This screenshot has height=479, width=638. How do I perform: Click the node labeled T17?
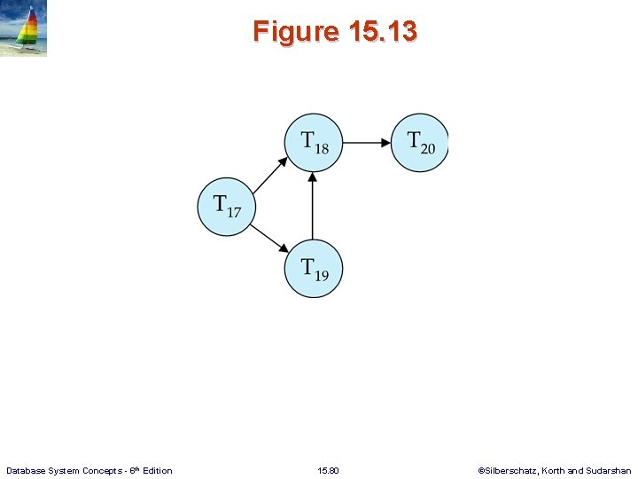[226, 206]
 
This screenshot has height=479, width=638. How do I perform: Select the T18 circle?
[313, 142]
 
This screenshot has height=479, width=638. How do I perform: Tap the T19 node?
[313, 268]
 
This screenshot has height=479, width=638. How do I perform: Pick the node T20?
[420, 142]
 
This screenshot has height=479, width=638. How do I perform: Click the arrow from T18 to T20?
[367, 142]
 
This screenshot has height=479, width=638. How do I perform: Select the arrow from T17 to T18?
[270, 174]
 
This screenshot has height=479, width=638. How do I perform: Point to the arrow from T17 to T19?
[270, 237]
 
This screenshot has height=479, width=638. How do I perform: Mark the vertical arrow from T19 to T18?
[313, 205]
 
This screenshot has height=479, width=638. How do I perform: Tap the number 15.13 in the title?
[383, 32]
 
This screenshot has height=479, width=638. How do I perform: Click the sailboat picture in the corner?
[24, 29]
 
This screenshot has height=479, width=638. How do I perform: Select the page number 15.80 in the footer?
[328, 470]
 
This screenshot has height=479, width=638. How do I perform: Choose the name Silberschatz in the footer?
[510, 470]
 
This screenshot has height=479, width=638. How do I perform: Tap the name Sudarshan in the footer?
[610, 470]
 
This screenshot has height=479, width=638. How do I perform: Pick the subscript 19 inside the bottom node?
[321, 276]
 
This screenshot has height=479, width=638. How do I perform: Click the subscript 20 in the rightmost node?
[428, 148]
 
